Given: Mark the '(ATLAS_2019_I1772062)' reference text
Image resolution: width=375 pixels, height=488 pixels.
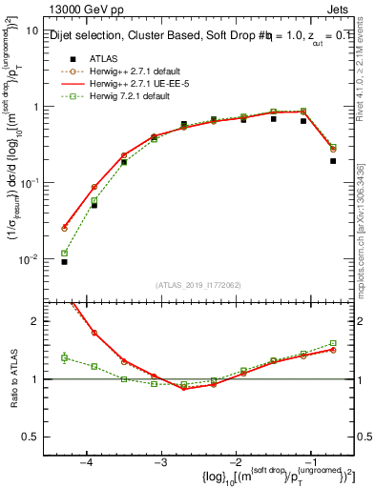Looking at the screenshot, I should [198, 284].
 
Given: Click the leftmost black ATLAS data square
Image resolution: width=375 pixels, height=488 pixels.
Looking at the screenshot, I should [64, 261].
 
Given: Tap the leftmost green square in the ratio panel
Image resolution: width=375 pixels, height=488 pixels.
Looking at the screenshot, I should [64, 357].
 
